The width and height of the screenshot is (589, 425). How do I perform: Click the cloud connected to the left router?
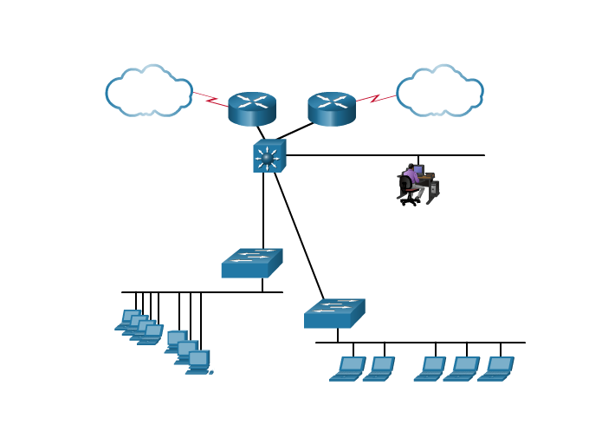[148, 90]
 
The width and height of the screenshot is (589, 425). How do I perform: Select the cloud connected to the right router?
[439, 90]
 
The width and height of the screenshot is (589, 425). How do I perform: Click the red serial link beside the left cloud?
[210, 99]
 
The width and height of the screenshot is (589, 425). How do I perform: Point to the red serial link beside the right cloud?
[376, 98]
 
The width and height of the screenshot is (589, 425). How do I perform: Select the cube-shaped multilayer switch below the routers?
[269, 156]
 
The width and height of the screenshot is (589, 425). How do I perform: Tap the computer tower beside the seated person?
[432, 191]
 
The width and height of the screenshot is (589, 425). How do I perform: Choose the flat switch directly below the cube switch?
[251, 264]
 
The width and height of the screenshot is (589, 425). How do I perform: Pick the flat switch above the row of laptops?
[334, 314]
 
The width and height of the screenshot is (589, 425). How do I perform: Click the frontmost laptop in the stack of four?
[152, 335]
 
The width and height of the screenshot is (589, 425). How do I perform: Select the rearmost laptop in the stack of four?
[130, 319]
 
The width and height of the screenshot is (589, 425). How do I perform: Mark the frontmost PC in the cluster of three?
[198, 362]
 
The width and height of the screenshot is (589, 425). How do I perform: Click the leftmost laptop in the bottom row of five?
[348, 369]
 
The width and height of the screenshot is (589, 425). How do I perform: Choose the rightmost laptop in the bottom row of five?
[496, 369]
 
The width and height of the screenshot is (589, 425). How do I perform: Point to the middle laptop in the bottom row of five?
[430, 369]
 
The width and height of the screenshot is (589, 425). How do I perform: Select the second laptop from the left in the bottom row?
[379, 369]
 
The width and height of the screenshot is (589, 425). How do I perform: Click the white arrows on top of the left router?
[252, 101]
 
